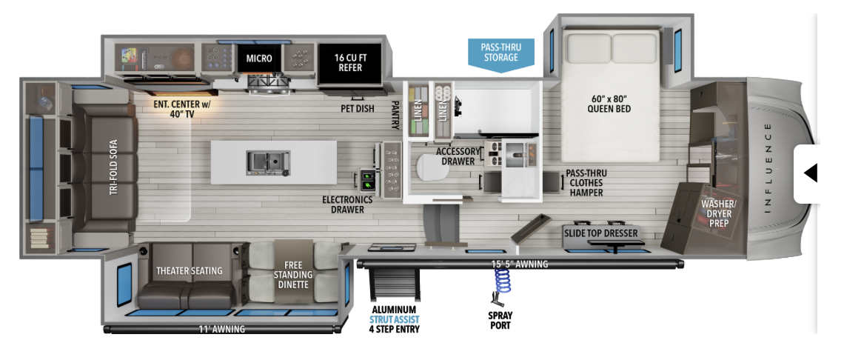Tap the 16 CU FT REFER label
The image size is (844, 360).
click(350, 62)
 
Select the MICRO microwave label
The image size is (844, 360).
click(259, 58)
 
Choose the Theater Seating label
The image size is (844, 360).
click(189, 270)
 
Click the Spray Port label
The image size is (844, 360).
click(500, 320)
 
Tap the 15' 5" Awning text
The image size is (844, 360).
click(520, 264)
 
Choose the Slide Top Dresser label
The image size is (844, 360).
click(600, 233)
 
